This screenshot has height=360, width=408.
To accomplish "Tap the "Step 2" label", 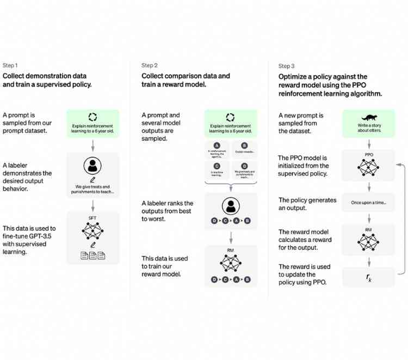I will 150,65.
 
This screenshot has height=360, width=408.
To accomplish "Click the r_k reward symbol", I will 369,277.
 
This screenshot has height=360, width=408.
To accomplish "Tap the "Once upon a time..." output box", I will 369,203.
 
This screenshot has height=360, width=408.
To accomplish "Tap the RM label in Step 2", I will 231,251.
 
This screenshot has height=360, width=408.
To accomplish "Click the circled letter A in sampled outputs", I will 218,145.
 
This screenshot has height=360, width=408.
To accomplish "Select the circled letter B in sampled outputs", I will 244,145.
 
